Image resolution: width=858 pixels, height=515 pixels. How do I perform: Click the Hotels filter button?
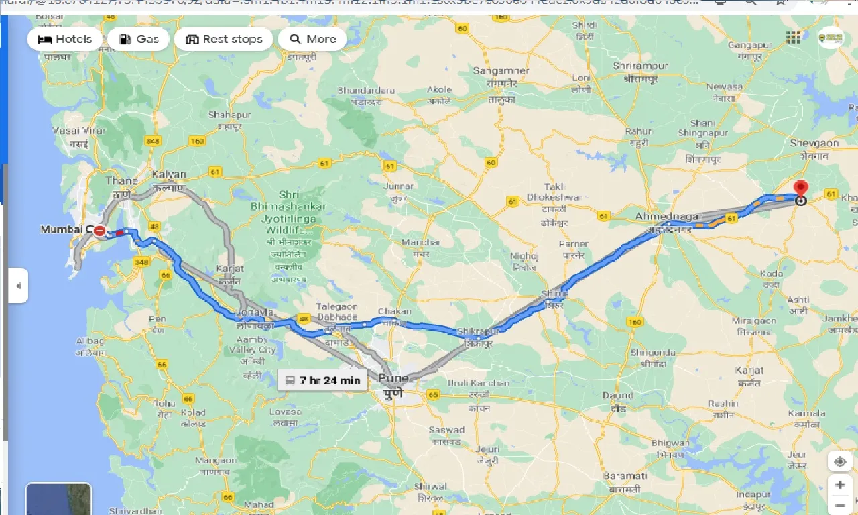coord(65,39)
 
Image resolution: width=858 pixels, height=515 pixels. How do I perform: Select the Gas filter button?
coord(140,39)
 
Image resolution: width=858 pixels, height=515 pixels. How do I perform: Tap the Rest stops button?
coord(224,39)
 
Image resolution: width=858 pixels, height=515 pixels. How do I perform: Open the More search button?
coord(312,39)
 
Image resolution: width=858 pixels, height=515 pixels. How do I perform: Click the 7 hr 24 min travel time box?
coord(323,380)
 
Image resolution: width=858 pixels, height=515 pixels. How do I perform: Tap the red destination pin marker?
coord(800,189)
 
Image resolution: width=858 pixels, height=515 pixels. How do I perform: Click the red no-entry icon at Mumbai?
coord(100,231)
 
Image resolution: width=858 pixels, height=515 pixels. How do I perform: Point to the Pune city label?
coord(393,378)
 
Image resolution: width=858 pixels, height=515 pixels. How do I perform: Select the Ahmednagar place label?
coord(668,217)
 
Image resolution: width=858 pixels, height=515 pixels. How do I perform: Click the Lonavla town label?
coord(256,313)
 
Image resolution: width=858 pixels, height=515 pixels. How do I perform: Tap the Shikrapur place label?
coord(479,332)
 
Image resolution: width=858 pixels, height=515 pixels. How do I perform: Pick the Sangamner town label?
coord(501,70)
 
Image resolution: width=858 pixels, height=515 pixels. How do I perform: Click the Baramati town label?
coord(624,475)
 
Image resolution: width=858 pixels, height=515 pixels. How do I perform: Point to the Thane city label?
coord(121,180)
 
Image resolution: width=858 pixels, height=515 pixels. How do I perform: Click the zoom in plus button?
coord(839,485)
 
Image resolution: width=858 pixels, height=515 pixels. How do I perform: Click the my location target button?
coord(839,462)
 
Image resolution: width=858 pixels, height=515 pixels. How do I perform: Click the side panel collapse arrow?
coord(18,286)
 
